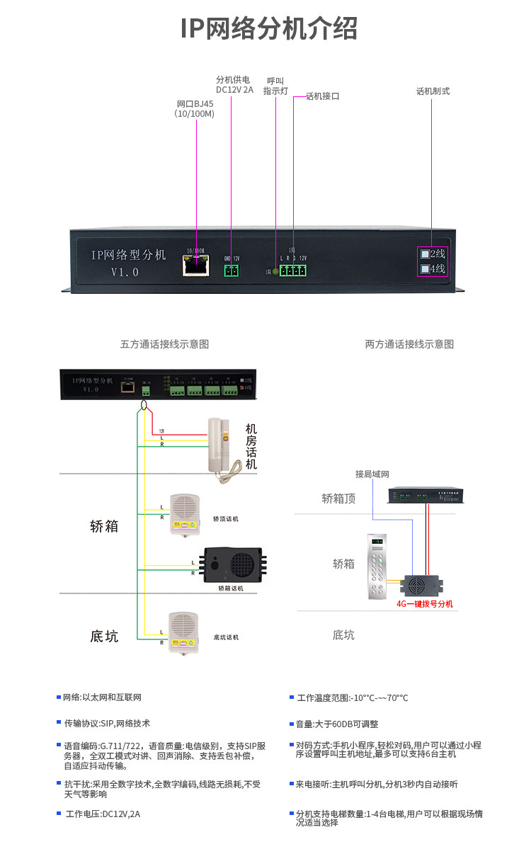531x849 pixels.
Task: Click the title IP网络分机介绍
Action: [x=268, y=29]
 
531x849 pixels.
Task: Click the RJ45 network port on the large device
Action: [x=195, y=266]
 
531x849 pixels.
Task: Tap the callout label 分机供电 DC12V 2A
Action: [x=234, y=85]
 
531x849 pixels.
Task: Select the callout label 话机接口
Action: [x=322, y=96]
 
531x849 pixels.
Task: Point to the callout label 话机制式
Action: [x=433, y=91]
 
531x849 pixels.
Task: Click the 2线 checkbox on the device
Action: [x=426, y=254]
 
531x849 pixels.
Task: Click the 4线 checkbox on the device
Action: [x=426, y=269]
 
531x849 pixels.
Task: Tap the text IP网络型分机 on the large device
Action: [x=128, y=255]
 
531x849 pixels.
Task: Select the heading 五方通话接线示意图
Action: [x=164, y=344]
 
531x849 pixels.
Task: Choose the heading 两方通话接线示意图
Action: [x=409, y=344]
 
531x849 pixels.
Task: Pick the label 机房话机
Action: [x=251, y=447]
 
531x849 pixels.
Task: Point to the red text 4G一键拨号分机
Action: [x=424, y=604]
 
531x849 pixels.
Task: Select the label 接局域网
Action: [x=372, y=474]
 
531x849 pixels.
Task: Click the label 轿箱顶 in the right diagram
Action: [x=338, y=498]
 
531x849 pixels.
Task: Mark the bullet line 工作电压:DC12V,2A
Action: [x=103, y=814]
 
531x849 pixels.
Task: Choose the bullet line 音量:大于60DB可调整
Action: [x=337, y=724]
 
